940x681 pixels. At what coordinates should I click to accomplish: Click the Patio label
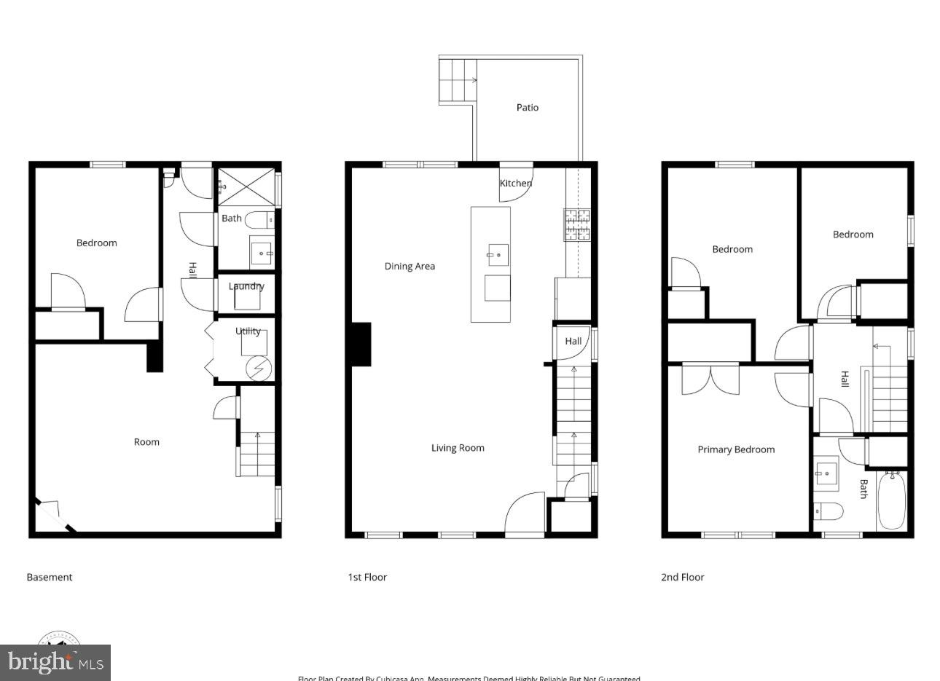click(528, 108)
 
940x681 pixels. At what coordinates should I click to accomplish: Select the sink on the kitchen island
click(498, 255)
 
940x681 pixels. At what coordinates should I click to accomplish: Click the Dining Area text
click(410, 267)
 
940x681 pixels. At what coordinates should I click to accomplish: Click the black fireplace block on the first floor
click(361, 344)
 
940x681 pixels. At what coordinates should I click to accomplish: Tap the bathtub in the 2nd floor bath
click(891, 500)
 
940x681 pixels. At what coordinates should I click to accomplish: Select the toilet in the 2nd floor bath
click(829, 511)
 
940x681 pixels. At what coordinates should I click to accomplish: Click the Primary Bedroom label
click(736, 450)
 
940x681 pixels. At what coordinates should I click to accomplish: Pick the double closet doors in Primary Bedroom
click(710, 379)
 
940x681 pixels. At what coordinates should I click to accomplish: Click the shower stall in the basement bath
click(246, 186)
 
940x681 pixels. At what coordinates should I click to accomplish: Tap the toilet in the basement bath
click(259, 219)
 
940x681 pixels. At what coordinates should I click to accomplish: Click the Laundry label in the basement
click(246, 286)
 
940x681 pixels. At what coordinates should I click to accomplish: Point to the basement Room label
click(146, 442)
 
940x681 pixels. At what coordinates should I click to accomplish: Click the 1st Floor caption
click(367, 578)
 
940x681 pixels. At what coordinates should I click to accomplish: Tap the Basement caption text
click(50, 578)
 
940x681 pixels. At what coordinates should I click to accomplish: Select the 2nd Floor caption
click(682, 578)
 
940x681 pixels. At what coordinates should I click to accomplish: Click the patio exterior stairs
click(457, 80)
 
